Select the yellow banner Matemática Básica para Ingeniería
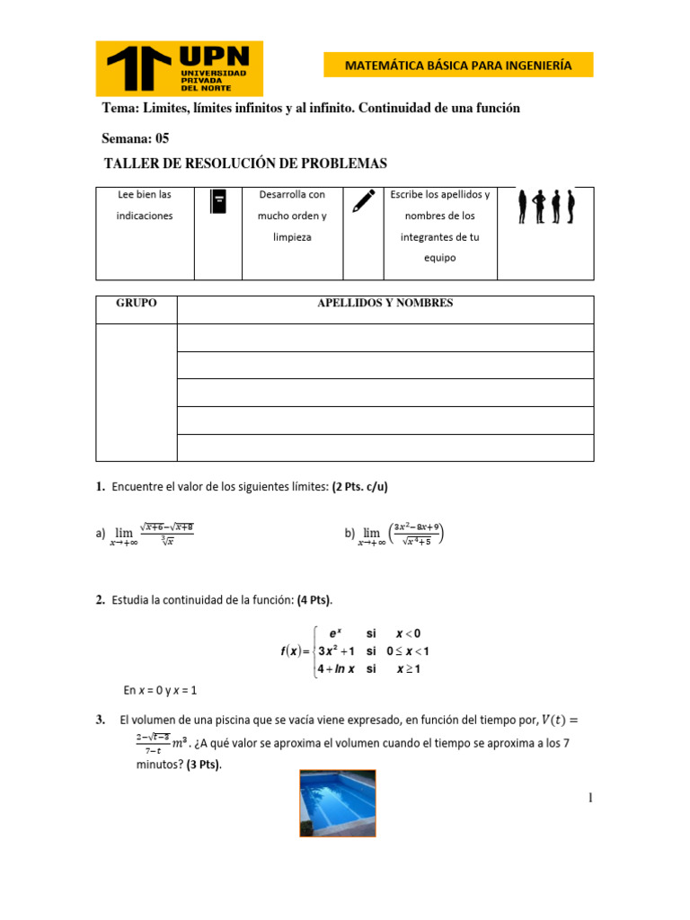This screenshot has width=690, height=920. (458, 66)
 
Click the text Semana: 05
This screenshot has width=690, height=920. (136, 138)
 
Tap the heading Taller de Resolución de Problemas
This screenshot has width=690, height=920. (245, 164)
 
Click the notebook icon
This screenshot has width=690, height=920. (217, 201)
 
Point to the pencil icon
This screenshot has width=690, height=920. (363, 200)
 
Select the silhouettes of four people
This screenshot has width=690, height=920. (545, 207)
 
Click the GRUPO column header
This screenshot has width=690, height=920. (136, 304)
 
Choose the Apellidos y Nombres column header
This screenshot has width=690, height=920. (385, 304)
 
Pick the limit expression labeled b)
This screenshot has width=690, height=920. (394, 535)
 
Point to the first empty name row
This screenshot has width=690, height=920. (385, 338)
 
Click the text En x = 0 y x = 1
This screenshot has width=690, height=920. (160, 690)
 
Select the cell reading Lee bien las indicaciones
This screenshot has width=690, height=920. (145, 205)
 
